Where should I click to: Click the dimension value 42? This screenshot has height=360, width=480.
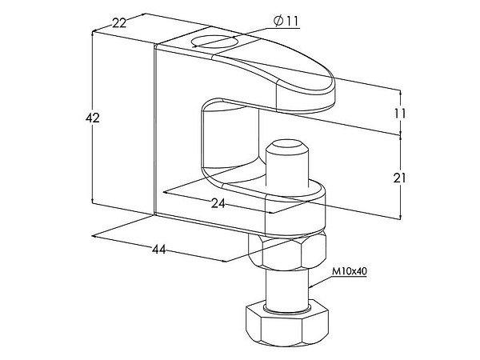click(x=93, y=118)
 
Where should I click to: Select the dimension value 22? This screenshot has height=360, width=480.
click(x=119, y=23)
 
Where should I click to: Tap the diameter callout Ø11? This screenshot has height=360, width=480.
click(x=286, y=21)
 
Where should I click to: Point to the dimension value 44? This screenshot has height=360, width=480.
click(x=159, y=250)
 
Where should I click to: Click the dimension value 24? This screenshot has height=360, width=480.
click(x=218, y=203)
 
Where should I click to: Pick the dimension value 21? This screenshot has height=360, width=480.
click(x=400, y=178)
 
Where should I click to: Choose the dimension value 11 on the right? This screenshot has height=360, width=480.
click(x=400, y=114)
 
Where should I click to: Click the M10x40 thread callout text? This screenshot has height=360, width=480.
click(x=350, y=271)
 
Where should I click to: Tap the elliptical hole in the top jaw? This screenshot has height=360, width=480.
click(x=214, y=42)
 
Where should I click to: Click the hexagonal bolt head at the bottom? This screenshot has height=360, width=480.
click(x=287, y=325)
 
